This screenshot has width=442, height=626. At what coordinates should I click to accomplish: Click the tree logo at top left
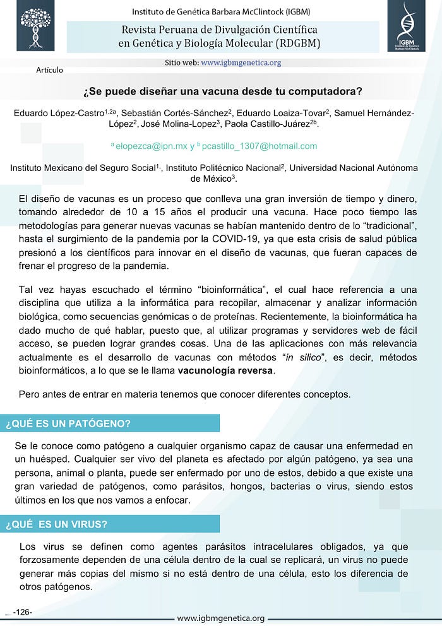point(35,28)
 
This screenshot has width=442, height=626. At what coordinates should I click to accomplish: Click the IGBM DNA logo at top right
point(406,27)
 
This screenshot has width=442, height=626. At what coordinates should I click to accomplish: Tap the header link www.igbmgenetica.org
point(241,62)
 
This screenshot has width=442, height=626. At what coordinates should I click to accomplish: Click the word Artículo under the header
point(50,69)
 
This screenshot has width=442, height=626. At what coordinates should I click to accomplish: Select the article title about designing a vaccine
point(223,90)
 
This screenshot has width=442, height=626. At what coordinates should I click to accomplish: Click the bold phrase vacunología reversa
point(225,370)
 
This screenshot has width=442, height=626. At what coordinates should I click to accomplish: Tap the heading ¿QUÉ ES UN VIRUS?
point(56,524)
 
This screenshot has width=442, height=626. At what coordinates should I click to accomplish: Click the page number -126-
point(22,612)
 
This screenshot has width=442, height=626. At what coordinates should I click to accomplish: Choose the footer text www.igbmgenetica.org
point(221,618)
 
